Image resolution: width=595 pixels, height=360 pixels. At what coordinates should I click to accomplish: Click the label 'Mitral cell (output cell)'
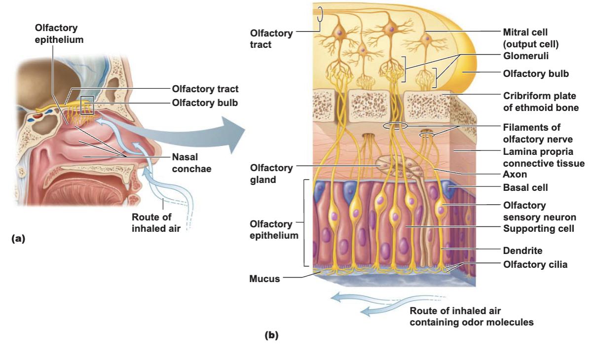(x=531, y=38)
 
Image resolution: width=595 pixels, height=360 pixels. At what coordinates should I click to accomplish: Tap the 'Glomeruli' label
(x=525, y=56)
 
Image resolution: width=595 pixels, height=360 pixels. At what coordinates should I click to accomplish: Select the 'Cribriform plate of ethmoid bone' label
(x=541, y=102)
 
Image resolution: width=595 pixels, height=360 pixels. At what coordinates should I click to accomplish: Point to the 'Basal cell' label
(x=525, y=187)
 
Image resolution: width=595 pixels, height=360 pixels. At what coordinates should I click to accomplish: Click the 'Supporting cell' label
(x=539, y=228)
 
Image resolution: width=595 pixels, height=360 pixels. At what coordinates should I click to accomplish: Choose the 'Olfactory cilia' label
(x=535, y=264)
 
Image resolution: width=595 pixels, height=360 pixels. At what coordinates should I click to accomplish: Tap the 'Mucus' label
(x=264, y=279)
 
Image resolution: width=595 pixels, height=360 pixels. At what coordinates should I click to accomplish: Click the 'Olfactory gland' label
(x=271, y=174)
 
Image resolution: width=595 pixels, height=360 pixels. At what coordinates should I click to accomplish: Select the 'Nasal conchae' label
(x=191, y=163)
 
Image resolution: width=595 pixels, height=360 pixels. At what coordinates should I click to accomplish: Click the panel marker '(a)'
(x=18, y=238)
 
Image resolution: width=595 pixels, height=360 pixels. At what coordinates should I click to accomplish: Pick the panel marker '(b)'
(x=271, y=335)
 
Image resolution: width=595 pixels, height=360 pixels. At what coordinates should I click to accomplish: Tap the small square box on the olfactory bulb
(x=87, y=105)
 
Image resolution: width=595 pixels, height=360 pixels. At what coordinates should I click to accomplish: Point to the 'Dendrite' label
(x=523, y=251)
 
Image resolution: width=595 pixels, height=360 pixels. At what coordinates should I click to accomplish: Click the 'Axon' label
(x=515, y=175)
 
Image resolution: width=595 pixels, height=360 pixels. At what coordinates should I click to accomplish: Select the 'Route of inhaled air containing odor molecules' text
(x=472, y=317)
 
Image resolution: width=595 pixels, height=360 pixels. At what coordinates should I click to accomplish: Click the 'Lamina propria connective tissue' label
(x=544, y=157)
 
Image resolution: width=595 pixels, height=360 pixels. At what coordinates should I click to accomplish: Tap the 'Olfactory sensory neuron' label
(x=539, y=211)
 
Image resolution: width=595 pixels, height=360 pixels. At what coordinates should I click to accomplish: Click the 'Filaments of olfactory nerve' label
(x=538, y=133)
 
